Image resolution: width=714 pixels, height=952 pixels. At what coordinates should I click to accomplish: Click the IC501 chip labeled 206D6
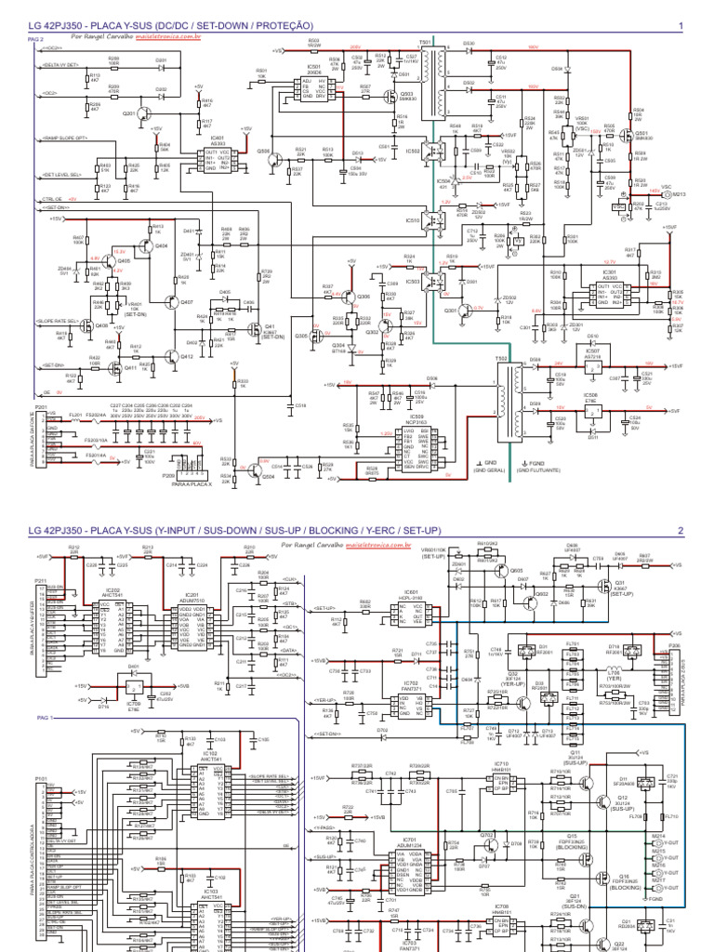click(293, 87)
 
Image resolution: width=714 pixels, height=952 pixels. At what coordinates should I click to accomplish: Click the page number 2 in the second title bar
click(681, 531)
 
